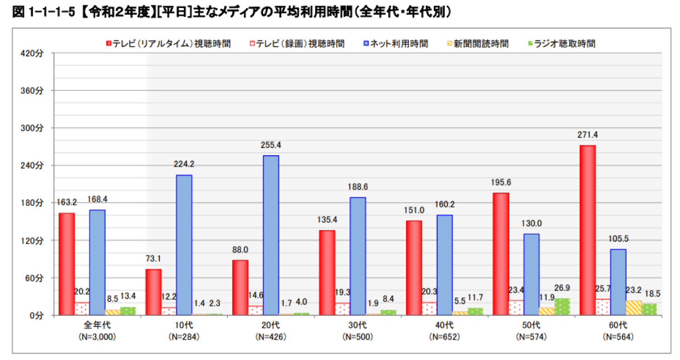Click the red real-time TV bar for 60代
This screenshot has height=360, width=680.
coord(588,230)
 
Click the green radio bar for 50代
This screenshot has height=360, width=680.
coord(562,307)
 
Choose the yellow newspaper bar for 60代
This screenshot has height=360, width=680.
coord(634,307)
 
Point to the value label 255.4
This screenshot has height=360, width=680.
coord(271,145)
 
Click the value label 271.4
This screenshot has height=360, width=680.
coord(588,135)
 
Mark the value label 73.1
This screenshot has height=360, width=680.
coord(153,259)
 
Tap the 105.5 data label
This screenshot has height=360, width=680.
coord(618,239)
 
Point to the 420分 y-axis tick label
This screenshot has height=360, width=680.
coord(31,53)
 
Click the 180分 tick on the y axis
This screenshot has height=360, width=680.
coord(31,203)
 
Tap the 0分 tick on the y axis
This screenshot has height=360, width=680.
coord(36,315)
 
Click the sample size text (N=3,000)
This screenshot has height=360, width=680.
coord(97,336)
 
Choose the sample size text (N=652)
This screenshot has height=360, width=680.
coord(445,336)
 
